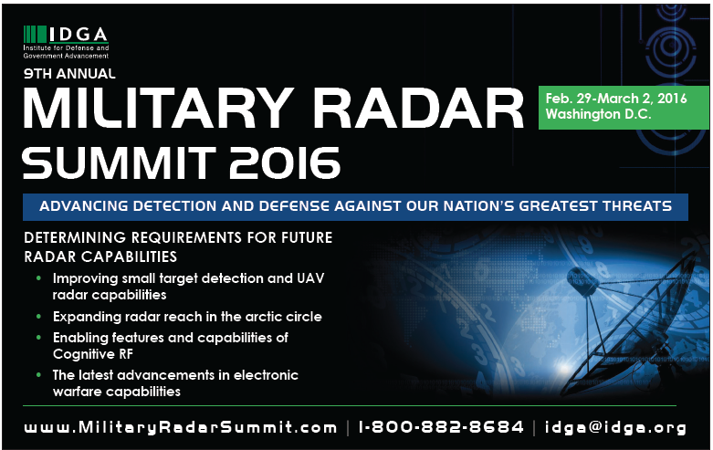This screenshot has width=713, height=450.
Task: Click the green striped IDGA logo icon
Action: point(35,35)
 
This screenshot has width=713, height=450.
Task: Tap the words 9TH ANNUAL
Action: point(69,74)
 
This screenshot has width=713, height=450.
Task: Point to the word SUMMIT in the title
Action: point(119,162)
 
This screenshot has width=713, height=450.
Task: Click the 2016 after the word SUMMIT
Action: point(285,162)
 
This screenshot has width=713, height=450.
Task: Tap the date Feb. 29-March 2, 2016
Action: point(616,99)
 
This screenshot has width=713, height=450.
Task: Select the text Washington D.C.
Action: point(598,113)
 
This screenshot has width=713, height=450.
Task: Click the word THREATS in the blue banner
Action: point(637,206)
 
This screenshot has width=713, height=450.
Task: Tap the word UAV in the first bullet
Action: point(310,277)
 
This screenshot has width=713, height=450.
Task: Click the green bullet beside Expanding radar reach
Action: point(38,316)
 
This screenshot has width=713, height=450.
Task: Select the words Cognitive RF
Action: point(93,353)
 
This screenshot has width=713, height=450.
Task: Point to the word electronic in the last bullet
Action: point(266,375)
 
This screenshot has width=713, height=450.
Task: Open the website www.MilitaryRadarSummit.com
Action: point(181,427)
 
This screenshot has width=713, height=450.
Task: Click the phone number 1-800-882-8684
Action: point(441,427)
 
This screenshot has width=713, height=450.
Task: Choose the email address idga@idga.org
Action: point(615,428)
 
